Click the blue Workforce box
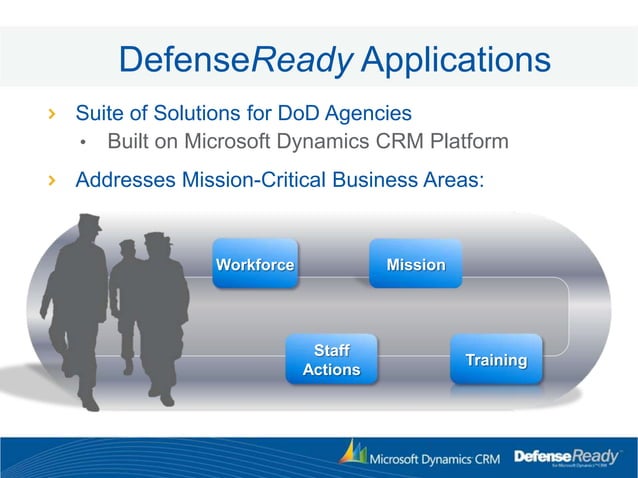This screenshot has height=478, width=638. coord(255,265)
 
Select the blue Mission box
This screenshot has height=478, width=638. coord(415,265)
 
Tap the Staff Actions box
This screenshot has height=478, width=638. coord(331,360)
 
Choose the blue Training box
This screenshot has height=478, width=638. coord(496,360)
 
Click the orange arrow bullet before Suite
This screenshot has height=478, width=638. coord(53,112)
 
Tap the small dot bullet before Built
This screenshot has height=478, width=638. coord(85,143)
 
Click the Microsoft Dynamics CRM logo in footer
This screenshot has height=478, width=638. coord(418,458)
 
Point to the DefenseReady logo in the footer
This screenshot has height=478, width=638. coord(566,458)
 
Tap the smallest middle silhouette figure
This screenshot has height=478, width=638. coord(127,300)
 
